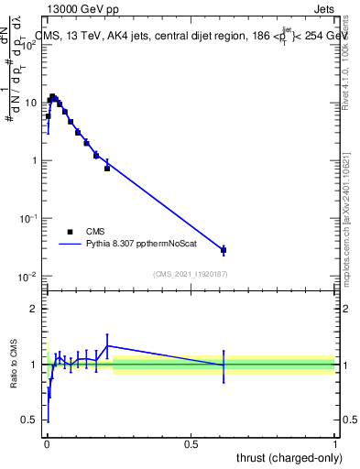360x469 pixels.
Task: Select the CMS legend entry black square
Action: click(x=70, y=232)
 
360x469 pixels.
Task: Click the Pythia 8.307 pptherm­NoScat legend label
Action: click(x=138, y=245)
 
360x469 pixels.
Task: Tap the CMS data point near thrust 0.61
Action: click(x=224, y=249)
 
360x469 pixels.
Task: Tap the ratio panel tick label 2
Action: click(x=34, y=309)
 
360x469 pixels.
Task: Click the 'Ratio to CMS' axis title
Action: click(x=13, y=365)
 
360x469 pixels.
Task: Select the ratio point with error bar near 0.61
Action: click(x=224, y=365)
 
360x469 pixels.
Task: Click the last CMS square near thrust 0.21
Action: click(x=107, y=169)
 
